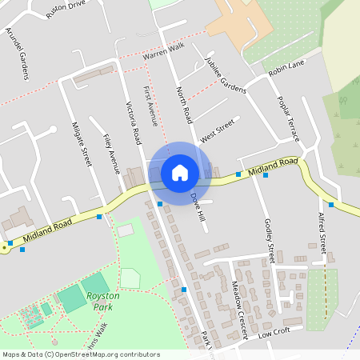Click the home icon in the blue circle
click(180, 172)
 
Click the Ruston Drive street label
click(66, 9)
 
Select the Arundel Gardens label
click(17, 54)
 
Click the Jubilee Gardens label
click(224, 74)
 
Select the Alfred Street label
click(322, 233)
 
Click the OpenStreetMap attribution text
click(81, 354)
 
